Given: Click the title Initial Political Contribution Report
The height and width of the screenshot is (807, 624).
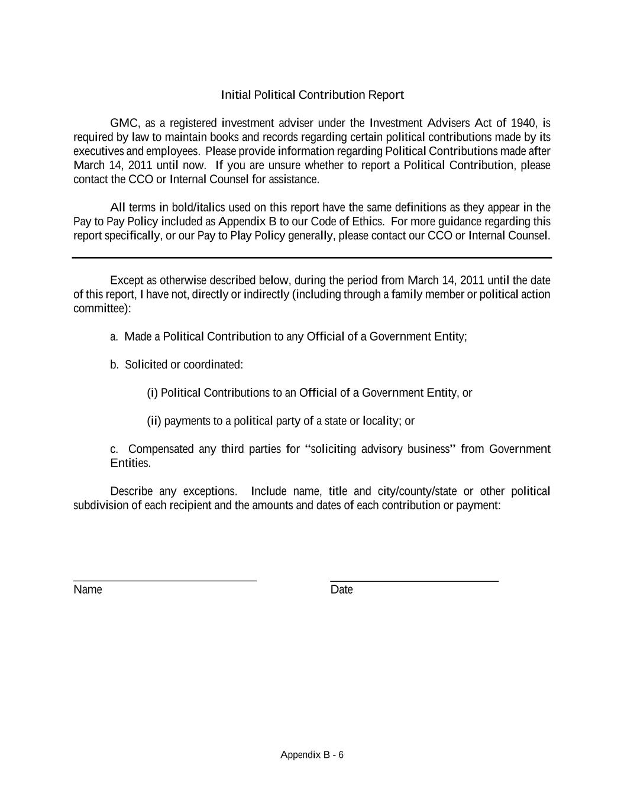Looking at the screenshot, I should click(x=312, y=95).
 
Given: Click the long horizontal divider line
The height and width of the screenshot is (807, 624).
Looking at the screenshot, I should click(x=312, y=258).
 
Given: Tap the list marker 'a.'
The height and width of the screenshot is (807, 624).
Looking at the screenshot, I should click(x=114, y=337).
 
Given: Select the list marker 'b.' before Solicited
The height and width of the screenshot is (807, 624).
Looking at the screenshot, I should click(x=114, y=365).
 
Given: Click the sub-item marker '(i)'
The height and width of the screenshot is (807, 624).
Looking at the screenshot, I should click(x=152, y=393).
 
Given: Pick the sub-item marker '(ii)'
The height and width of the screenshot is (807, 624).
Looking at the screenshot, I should click(x=154, y=421).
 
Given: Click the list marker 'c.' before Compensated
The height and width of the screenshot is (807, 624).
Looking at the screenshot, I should click(x=114, y=449).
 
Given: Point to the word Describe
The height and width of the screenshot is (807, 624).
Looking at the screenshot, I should click(x=131, y=491).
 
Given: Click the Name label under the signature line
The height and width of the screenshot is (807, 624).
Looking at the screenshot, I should click(x=88, y=589).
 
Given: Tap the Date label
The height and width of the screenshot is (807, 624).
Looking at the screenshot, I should click(x=341, y=589).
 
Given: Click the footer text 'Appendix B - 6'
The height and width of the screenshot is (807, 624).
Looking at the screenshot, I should click(x=312, y=755).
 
